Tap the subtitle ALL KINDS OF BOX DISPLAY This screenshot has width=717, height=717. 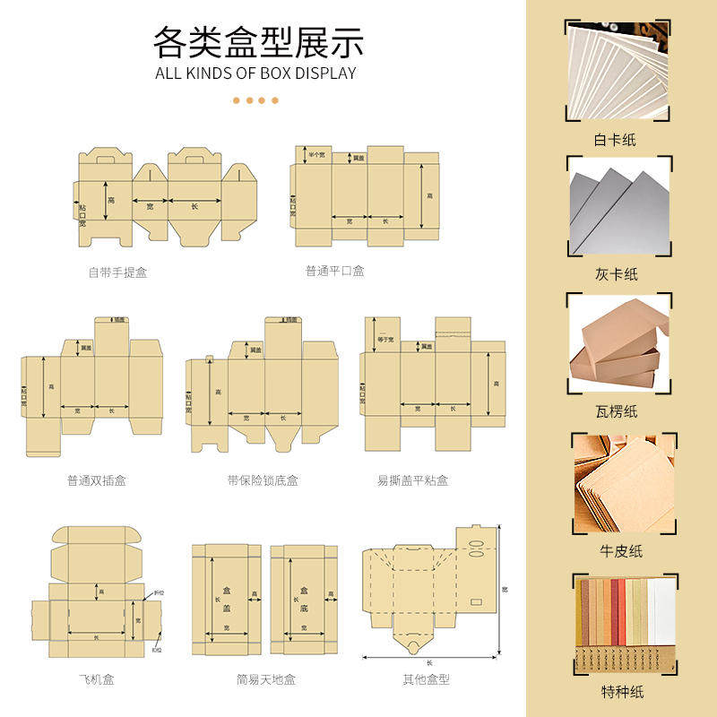tap(256, 73)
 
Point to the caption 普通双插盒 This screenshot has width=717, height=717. tap(96, 480)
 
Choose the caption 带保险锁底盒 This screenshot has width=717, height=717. tap(263, 480)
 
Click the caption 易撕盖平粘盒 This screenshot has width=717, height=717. tap(412, 480)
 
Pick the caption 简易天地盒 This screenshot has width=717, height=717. tap(266, 679)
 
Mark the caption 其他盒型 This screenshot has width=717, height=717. tap(426, 679)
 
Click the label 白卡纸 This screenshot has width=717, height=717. tap(616, 140)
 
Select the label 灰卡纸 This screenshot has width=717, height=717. tap(616, 274)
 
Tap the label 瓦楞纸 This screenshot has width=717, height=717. tap(616, 411)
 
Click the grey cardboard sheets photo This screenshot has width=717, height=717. tap(619, 207)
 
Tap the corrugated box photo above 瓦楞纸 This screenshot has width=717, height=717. tap(619, 345)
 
